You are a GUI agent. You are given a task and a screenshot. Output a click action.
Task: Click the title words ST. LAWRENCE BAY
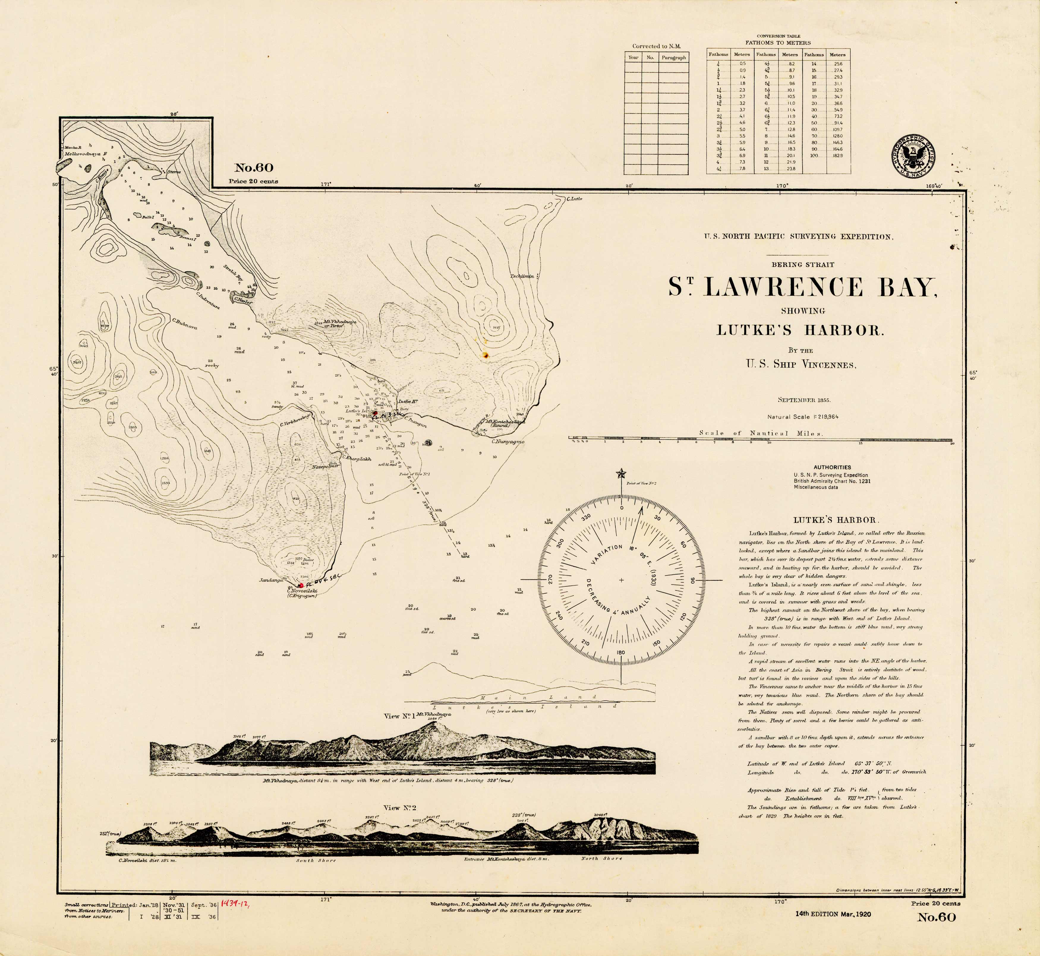[802, 288]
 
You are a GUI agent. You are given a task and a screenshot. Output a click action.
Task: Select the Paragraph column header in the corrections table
[674, 58]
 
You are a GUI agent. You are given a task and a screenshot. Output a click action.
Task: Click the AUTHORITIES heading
[832, 467]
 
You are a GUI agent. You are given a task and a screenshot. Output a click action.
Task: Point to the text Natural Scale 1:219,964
[802, 417]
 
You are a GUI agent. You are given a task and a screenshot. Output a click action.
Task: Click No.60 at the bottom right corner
[937, 918]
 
